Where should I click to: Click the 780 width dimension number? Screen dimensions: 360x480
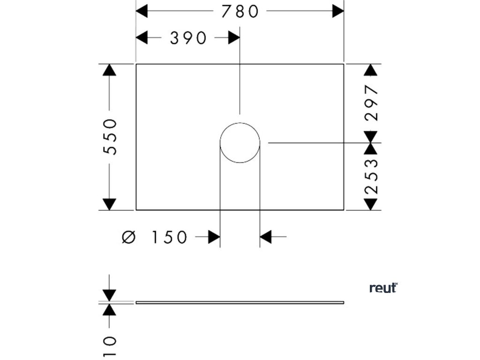240,11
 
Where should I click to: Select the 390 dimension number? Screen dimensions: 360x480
188,38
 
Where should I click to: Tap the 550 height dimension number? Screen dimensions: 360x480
110,136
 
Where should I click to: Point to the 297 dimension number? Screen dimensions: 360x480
371,103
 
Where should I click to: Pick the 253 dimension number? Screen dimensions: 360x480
371,176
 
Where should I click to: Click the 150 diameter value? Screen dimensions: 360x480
169,238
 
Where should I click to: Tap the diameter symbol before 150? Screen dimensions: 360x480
128,238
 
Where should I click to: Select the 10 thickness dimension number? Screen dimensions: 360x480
109,347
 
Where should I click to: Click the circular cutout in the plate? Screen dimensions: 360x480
240,143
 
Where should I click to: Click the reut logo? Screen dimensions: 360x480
383,288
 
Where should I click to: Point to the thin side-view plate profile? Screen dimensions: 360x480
240,302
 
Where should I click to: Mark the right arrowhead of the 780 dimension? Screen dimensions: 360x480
338,11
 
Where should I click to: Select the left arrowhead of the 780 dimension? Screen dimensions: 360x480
142,11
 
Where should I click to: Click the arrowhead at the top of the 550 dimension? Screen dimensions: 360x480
109,70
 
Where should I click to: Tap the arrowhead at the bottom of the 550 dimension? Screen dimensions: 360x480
109,204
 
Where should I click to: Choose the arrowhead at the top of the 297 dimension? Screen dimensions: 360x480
371,70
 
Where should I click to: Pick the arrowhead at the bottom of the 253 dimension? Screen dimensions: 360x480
371,204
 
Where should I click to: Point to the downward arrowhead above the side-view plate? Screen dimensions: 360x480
109,295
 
